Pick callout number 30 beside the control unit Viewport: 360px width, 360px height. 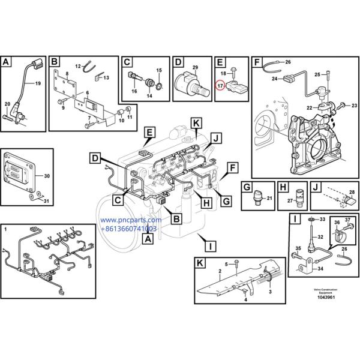(x=48, y=176)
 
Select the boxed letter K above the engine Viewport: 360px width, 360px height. (x=196, y=122)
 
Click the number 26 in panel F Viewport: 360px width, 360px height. (x=287, y=62)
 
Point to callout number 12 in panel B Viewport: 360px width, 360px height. (x=78, y=65)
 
